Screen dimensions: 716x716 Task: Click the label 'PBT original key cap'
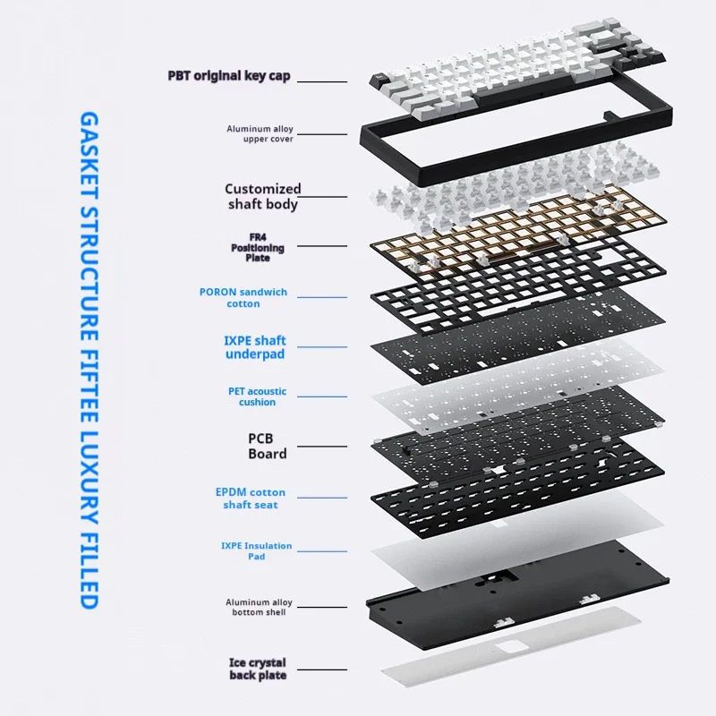coord(229,76)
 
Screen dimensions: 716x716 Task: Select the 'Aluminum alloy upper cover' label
coord(260,133)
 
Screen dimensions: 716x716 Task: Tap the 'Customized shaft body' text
coord(263,196)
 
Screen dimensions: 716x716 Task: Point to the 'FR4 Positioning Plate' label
coord(258,248)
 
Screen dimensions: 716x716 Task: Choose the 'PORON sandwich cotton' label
coord(243,298)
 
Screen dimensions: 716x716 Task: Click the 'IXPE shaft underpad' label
coord(255,347)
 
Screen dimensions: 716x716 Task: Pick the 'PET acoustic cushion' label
coord(257,396)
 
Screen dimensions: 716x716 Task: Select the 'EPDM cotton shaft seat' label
coord(251,499)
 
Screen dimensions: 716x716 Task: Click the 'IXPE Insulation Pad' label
coord(256,550)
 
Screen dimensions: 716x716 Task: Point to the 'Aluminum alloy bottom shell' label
coord(259,608)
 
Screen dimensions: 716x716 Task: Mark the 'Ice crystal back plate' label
coord(258,669)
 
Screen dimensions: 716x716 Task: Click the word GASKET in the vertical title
coord(89,155)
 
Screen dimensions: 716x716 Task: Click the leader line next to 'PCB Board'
coord(322,446)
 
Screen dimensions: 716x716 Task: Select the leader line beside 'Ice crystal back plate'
coord(322,669)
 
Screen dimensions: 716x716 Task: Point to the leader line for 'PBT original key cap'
coord(322,81)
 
